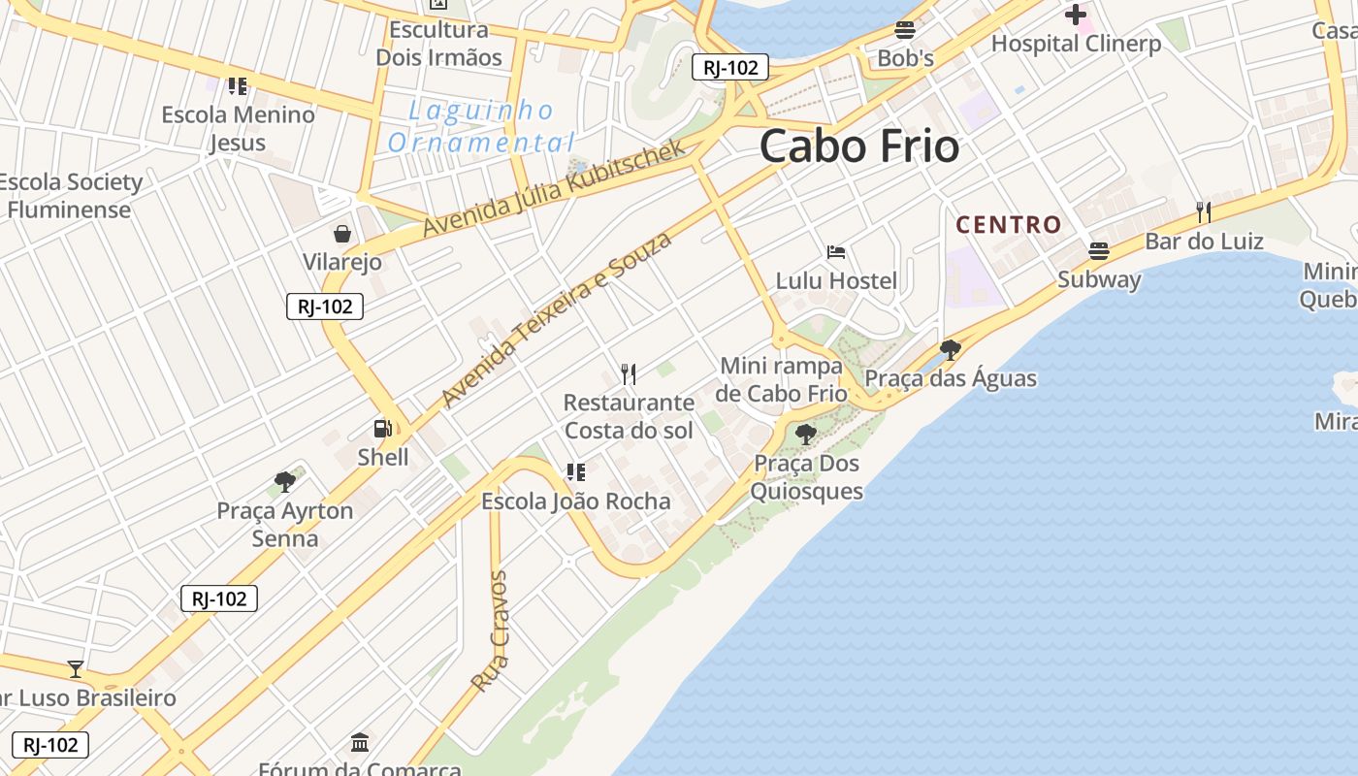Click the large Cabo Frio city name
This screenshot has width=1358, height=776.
tap(859, 146)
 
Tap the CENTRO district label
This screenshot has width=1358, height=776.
tap(1009, 225)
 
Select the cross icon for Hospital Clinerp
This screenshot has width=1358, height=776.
tap(1075, 15)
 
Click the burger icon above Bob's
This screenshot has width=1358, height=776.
tap(905, 29)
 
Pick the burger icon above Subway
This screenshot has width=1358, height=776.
tap(1099, 251)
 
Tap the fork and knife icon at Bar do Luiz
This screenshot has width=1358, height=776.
tap(1204, 211)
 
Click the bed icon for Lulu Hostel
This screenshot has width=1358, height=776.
tap(836, 252)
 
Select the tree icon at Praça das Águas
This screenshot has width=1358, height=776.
tap(951, 349)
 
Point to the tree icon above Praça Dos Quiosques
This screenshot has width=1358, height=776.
tap(805, 434)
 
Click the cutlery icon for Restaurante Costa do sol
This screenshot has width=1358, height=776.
tap(629, 373)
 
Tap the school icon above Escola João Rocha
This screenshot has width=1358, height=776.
tap(576, 472)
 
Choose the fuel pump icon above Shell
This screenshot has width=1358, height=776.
tap(383, 428)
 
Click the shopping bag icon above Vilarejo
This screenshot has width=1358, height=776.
tap(342, 234)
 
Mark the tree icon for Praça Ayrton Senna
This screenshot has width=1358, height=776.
tap(285, 481)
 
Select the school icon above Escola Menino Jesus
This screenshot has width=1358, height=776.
tap(238, 86)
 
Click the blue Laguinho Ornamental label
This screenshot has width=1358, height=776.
tap(481, 127)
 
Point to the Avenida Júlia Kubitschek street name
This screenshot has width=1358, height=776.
tap(554, 188)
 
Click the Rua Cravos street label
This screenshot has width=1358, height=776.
tap(490, 631)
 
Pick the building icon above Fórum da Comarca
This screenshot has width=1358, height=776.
tap(360, 743)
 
